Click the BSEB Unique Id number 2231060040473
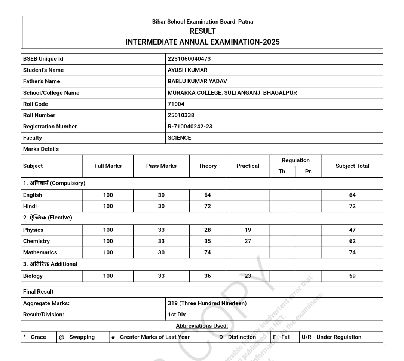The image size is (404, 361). (189, 59)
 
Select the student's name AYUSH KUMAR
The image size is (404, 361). (187, 70)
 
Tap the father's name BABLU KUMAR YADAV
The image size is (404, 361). (197, 81)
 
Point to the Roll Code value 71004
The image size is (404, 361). (176, 104)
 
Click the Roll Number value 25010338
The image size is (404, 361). (181, 115)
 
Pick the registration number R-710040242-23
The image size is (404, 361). (190, 127)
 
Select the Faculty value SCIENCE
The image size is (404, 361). (179, 138)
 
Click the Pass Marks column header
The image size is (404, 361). (161, 166)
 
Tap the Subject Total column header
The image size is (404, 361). (352, 166)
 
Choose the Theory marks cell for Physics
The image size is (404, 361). (208, 230)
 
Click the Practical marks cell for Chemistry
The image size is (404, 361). (248, 241)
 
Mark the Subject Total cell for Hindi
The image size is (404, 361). (352, 206)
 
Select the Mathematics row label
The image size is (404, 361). (40, 252)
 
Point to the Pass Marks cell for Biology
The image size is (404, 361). (161, 276)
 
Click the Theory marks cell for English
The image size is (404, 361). (208, 195)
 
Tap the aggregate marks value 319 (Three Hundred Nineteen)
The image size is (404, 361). (207, 303)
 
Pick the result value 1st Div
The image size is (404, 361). (177, 315)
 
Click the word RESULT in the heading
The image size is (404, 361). (202, 31)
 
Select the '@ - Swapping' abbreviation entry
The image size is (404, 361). (77, 337)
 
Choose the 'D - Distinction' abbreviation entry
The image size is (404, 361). (238, 337)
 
